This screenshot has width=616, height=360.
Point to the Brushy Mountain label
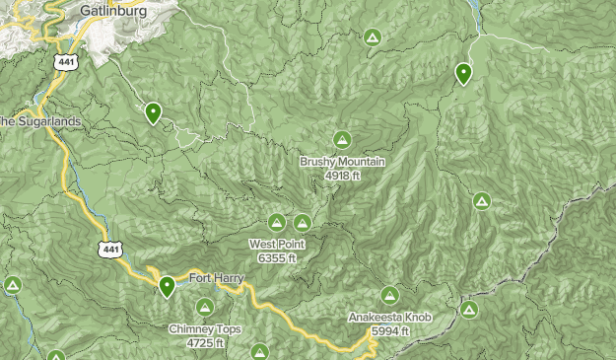342,162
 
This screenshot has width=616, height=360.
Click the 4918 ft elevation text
342,176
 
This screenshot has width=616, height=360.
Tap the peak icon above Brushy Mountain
342,139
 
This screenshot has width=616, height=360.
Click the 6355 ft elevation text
277,257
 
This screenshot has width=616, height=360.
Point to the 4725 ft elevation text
204,343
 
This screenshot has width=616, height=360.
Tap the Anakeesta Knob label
389,318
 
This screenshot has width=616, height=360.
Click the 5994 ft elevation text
389,330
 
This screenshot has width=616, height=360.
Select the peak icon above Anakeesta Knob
390,295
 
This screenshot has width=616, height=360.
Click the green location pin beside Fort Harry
168,286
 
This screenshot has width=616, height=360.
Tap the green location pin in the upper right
464,72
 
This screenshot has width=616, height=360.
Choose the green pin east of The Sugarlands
153,112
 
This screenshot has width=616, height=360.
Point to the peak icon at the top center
372,37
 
